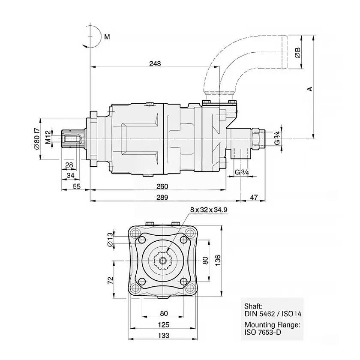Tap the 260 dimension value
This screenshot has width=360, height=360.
tap(162, 186)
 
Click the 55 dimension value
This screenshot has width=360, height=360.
tap(77, 186)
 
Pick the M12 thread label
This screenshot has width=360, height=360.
tap(48, 138)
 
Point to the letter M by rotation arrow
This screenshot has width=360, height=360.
tap(107, 37)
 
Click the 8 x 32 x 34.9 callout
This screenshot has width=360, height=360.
tap(209, 210)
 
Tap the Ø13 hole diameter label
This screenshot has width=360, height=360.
tap(110, 239)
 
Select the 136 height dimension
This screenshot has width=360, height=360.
tap(218, 261)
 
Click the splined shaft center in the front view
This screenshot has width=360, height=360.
tap(163, 260)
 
